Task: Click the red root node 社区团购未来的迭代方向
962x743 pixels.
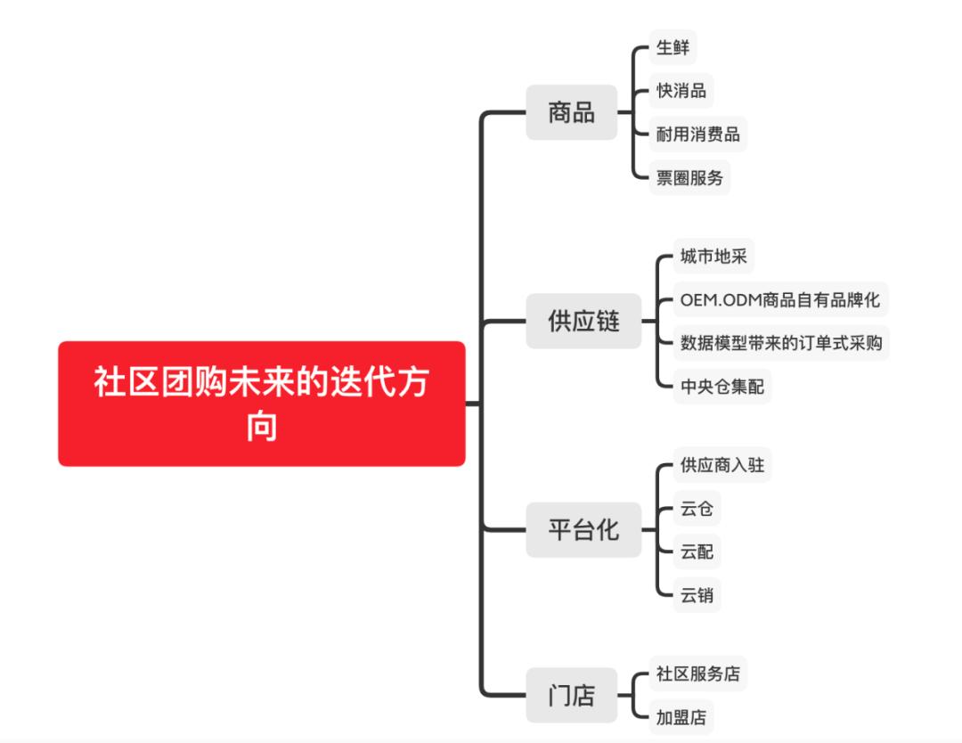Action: [x=261, y=403]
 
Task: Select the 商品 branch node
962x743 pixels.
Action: [x=571, y=112]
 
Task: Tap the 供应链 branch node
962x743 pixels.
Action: [x=583, y=321]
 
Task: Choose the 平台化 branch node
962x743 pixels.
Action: [x=583, y=529]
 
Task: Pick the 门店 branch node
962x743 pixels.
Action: [x=571, y=695]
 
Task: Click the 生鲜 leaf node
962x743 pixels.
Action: [x=673, y=47]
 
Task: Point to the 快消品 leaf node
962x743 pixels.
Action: [x=681, y=91]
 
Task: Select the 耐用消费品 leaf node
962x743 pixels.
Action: [x=697, y=134]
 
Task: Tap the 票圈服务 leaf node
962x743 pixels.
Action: [x=689, y=177]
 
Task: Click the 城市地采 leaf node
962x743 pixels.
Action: [x=713, y=256]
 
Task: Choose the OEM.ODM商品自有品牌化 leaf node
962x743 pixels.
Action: [x=780, y=299]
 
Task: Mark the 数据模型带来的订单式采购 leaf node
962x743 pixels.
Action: [x=781, y=342]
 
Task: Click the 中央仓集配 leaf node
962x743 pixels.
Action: [x=722, y=386]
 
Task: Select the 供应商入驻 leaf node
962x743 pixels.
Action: [x=722, y=464]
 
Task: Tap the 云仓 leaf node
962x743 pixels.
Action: [x=697, y=508]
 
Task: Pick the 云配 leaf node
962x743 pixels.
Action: [x=697, y=551]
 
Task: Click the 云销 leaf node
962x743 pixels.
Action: [x=697, y=594]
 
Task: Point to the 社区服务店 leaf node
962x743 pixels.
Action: [x=697, y=673]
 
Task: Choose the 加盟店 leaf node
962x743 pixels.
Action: [x=681, y=716]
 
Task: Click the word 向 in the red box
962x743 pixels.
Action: [x=262, y=427]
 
